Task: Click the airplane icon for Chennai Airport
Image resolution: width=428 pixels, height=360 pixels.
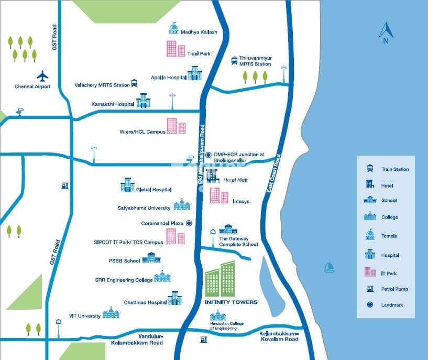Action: [42, 76]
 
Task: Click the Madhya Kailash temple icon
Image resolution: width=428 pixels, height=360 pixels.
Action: [173, 29]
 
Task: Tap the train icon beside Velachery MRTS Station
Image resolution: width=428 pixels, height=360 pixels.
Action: [134, 83]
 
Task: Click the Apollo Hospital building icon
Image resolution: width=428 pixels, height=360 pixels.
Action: [194, 73]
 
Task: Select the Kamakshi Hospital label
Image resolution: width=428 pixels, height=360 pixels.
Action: [112, 104]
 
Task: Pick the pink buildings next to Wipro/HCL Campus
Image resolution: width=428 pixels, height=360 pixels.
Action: [176, 126]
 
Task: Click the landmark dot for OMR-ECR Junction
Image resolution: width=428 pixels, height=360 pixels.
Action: [208, 155]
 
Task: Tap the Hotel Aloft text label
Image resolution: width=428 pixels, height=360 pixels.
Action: [235, 180]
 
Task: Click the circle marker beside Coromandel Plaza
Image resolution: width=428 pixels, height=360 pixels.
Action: [189, 223]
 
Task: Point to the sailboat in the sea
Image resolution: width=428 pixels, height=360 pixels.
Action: [329, 268]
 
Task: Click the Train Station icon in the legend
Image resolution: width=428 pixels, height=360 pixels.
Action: [370, 169]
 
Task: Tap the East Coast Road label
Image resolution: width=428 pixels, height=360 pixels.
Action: [273, 176]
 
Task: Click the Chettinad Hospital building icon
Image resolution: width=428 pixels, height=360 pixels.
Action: [174, 298]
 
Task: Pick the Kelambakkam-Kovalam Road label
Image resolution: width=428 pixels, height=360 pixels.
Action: [279, 336]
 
